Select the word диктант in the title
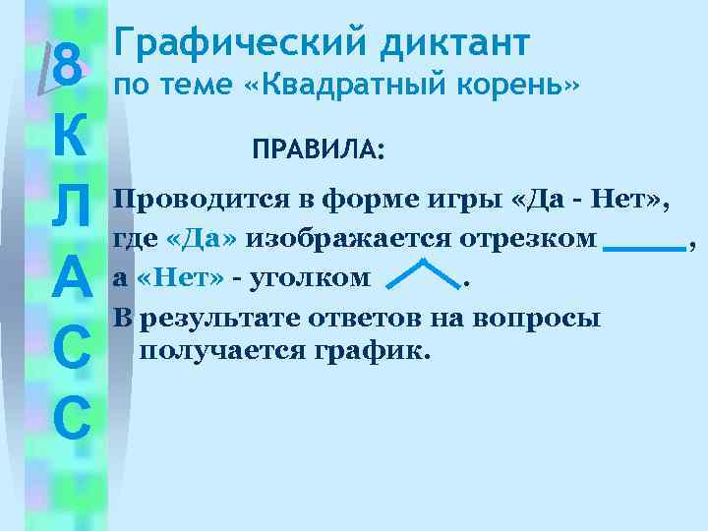pos(449,42)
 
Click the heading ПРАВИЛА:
pos(320,150)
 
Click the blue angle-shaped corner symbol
pos(422,274)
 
